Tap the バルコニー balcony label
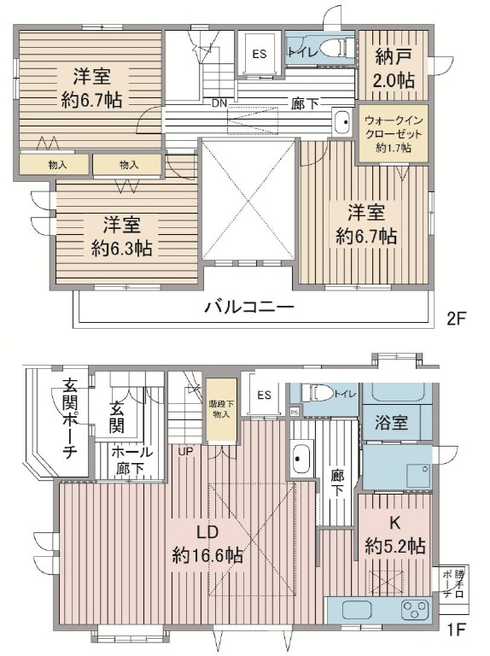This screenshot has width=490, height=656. [248, 307]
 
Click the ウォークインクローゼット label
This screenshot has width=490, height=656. [388, 134]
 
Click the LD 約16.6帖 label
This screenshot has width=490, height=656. [207, 544]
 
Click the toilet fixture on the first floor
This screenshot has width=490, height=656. [318, 393]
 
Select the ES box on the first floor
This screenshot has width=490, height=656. [264, 395]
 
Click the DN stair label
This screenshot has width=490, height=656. [219, 102]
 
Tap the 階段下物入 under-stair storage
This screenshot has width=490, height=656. [221, 410]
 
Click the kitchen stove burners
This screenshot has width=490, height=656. [416, 610]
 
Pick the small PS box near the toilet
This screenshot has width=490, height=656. [295, 412]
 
